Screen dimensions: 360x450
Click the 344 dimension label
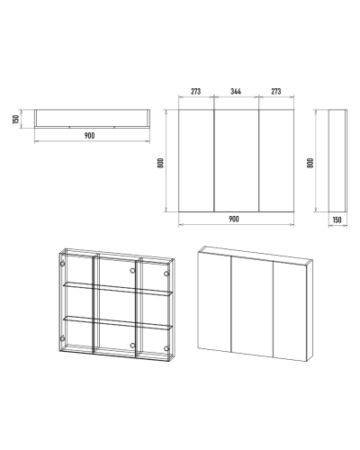[236, 91]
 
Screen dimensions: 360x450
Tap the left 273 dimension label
[195, 91]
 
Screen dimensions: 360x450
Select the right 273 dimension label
[276, 91]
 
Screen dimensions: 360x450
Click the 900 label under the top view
[89, 136]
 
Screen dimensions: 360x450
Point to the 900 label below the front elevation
[234, 219]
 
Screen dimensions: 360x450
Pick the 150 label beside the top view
[16, 119]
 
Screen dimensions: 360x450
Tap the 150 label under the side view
[337, 220]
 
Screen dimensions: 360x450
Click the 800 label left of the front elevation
[161, 163]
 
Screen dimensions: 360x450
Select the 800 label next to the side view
[310, 163]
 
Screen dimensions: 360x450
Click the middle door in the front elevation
[237, 160]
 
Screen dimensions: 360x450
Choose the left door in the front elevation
[196, 160]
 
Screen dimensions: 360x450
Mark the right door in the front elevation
[276, 160]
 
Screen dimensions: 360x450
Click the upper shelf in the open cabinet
[118, 289]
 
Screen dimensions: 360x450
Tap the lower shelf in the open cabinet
[118, 323]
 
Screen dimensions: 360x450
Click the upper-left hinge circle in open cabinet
[62, 264]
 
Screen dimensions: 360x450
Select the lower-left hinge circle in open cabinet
[62, 338]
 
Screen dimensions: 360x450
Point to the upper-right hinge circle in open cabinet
[166, 274]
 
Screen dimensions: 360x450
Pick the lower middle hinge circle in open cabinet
[132, 346]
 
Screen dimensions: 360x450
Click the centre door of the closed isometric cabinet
[252, 306]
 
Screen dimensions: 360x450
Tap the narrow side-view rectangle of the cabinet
[338, 160]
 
